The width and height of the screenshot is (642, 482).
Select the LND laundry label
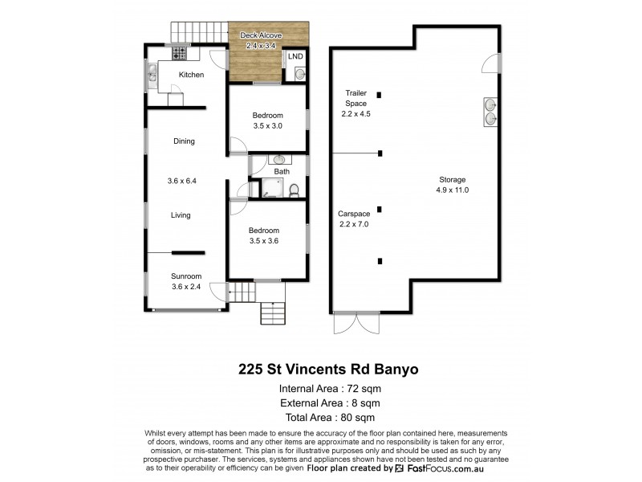coord(295,56)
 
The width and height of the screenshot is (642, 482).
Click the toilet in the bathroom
coord(295,190)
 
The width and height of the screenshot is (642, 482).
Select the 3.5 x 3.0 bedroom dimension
coord(267,126)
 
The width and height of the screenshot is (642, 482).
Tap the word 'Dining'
coord(184,141)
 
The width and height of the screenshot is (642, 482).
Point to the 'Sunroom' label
coord(186,276)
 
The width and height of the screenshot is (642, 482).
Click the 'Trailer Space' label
coord(356,98)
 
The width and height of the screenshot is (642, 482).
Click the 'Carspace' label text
coord(355,214)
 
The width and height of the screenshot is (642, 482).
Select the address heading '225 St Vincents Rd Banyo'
coord(328,370)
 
